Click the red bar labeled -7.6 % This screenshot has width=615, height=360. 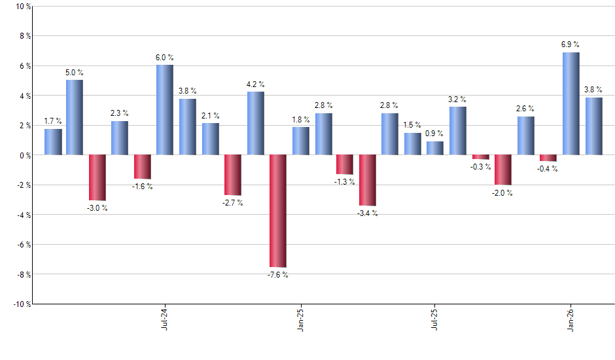[x=278, y=211]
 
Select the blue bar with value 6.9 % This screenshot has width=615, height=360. [x=571, y=103]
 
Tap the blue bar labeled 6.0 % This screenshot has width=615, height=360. [x=165, y=110]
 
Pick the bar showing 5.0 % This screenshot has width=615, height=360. [x=75, y=117]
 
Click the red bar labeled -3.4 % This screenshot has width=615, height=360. [x=368, y=180]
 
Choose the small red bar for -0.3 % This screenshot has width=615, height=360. [x=481, y=157]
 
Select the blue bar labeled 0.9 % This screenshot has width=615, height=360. [x=435, y=148]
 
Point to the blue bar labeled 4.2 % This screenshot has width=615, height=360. [x=256, y=123]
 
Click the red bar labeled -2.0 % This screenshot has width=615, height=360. [x=503, y=170]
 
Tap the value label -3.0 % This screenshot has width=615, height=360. [x=97, y=208]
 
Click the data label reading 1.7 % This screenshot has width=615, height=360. [x=53, y=121]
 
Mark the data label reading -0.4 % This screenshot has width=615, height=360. [x=548, y=169]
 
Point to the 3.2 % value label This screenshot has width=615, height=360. [x=457, y=99]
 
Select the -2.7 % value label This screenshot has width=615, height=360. [x=233, y=203]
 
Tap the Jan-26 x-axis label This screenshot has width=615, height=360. [x=571, y=319]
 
